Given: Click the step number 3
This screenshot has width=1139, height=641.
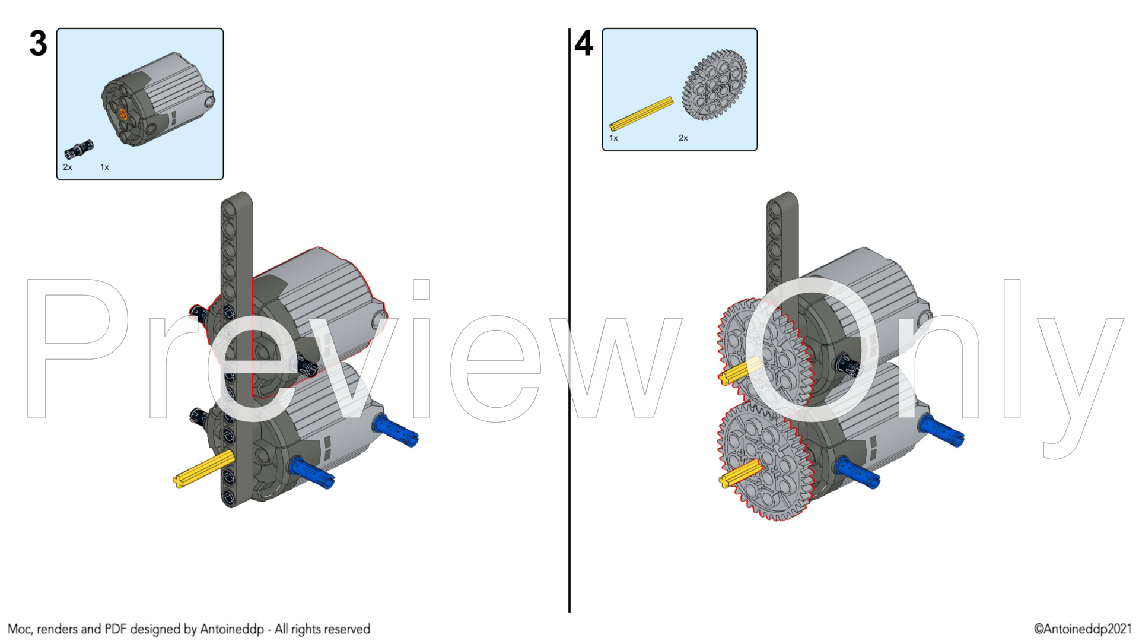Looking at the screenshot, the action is click(38, 44).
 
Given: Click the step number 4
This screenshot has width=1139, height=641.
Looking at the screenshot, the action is click(584, 43).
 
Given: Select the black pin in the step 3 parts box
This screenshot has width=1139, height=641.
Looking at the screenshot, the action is click(79, 149).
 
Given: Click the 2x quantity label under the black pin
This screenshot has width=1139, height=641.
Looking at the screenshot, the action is click(68, 167).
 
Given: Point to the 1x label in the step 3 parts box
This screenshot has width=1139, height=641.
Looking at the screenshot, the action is click(104, 167).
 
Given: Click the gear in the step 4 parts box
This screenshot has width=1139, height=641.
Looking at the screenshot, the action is click(715, 85).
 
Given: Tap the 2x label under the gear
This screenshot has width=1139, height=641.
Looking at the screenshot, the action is click(683, 138).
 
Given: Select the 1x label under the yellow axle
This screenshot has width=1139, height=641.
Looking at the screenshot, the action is click(613, 138).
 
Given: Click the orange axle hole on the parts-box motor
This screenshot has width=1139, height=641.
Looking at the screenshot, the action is click(123, 114).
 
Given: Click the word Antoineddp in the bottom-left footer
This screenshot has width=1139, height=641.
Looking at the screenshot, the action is click(232, 629).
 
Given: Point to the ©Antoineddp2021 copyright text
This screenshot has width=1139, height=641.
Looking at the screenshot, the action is click(1083, 629).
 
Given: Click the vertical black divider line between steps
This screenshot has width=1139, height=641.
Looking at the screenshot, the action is click(569, 320).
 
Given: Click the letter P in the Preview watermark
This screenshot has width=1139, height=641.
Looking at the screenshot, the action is click(78, 348).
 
